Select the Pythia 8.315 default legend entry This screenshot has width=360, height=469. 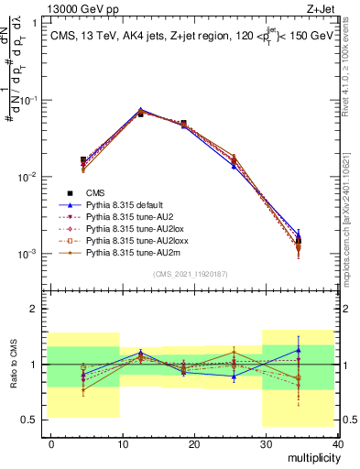pyautogui.click(x=123, y=204)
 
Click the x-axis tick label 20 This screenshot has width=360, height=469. pyautogui.click(x=193, y=443)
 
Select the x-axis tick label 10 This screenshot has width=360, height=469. pyautogui.click(x=122, y=443)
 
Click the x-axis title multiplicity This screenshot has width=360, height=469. pyautogui.click(x=313, y=457)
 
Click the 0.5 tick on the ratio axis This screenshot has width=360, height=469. pyautogui.click(x=29, y=420)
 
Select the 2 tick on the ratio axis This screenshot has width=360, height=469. pyautogui.click(x=34, y=309)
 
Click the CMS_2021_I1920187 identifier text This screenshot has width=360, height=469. pyautogui.click(x=191, y=273)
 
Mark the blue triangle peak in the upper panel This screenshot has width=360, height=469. pyautogui.click(x=140, y=110)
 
